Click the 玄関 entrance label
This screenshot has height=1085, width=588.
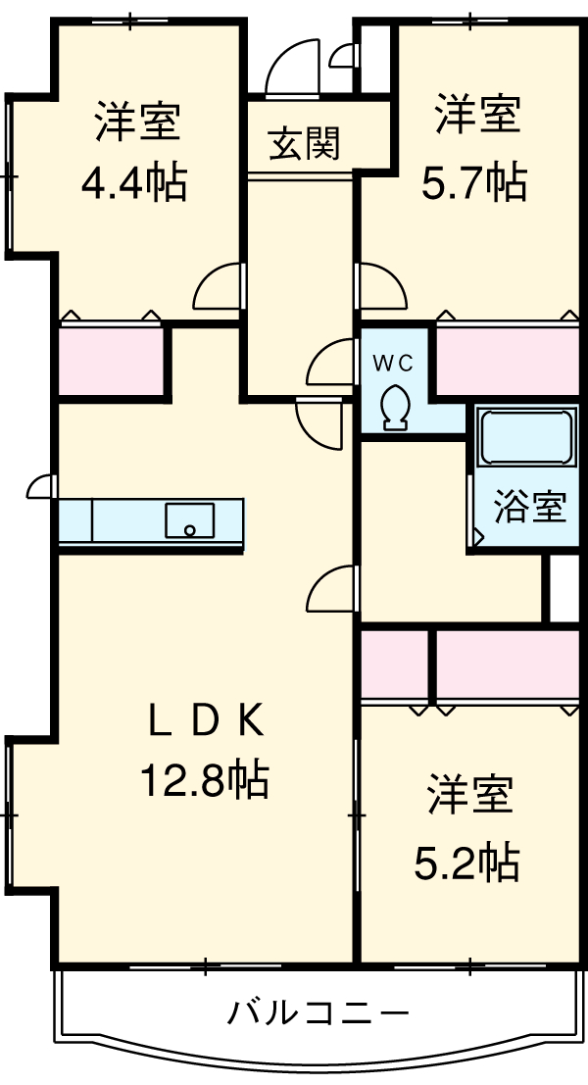[304, 145]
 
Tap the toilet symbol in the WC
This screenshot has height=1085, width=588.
[396, 407]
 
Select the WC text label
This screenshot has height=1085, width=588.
[392, 362]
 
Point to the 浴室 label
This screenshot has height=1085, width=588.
[530, 507]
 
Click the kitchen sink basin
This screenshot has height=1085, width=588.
[190, 519]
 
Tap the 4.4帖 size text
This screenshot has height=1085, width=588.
[136, 181]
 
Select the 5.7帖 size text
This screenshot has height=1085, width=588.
[475, 181]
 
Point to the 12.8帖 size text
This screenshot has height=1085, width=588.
[205, 780]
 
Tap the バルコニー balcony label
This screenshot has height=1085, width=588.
[318, 1011]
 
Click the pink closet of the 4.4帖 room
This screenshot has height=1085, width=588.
[111, 361]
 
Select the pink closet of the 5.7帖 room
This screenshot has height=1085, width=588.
[507, 361]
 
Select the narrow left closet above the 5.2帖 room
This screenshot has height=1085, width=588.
[394, 665]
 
